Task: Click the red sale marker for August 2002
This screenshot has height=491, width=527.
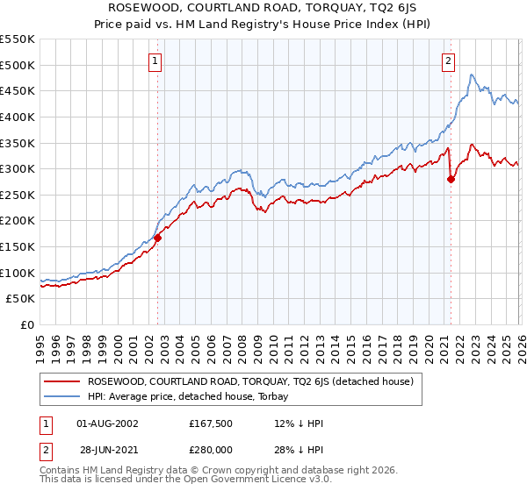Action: click(158, 237)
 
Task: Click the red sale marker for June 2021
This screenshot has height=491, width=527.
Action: click(451, 179)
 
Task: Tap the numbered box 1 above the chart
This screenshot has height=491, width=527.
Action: click(155, 60)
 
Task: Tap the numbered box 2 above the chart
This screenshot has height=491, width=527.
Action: click(448, 60)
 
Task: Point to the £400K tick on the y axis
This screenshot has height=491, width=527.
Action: click(18, 117)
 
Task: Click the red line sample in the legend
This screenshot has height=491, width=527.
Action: click(62, 381)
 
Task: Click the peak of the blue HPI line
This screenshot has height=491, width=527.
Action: click(471, 75)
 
